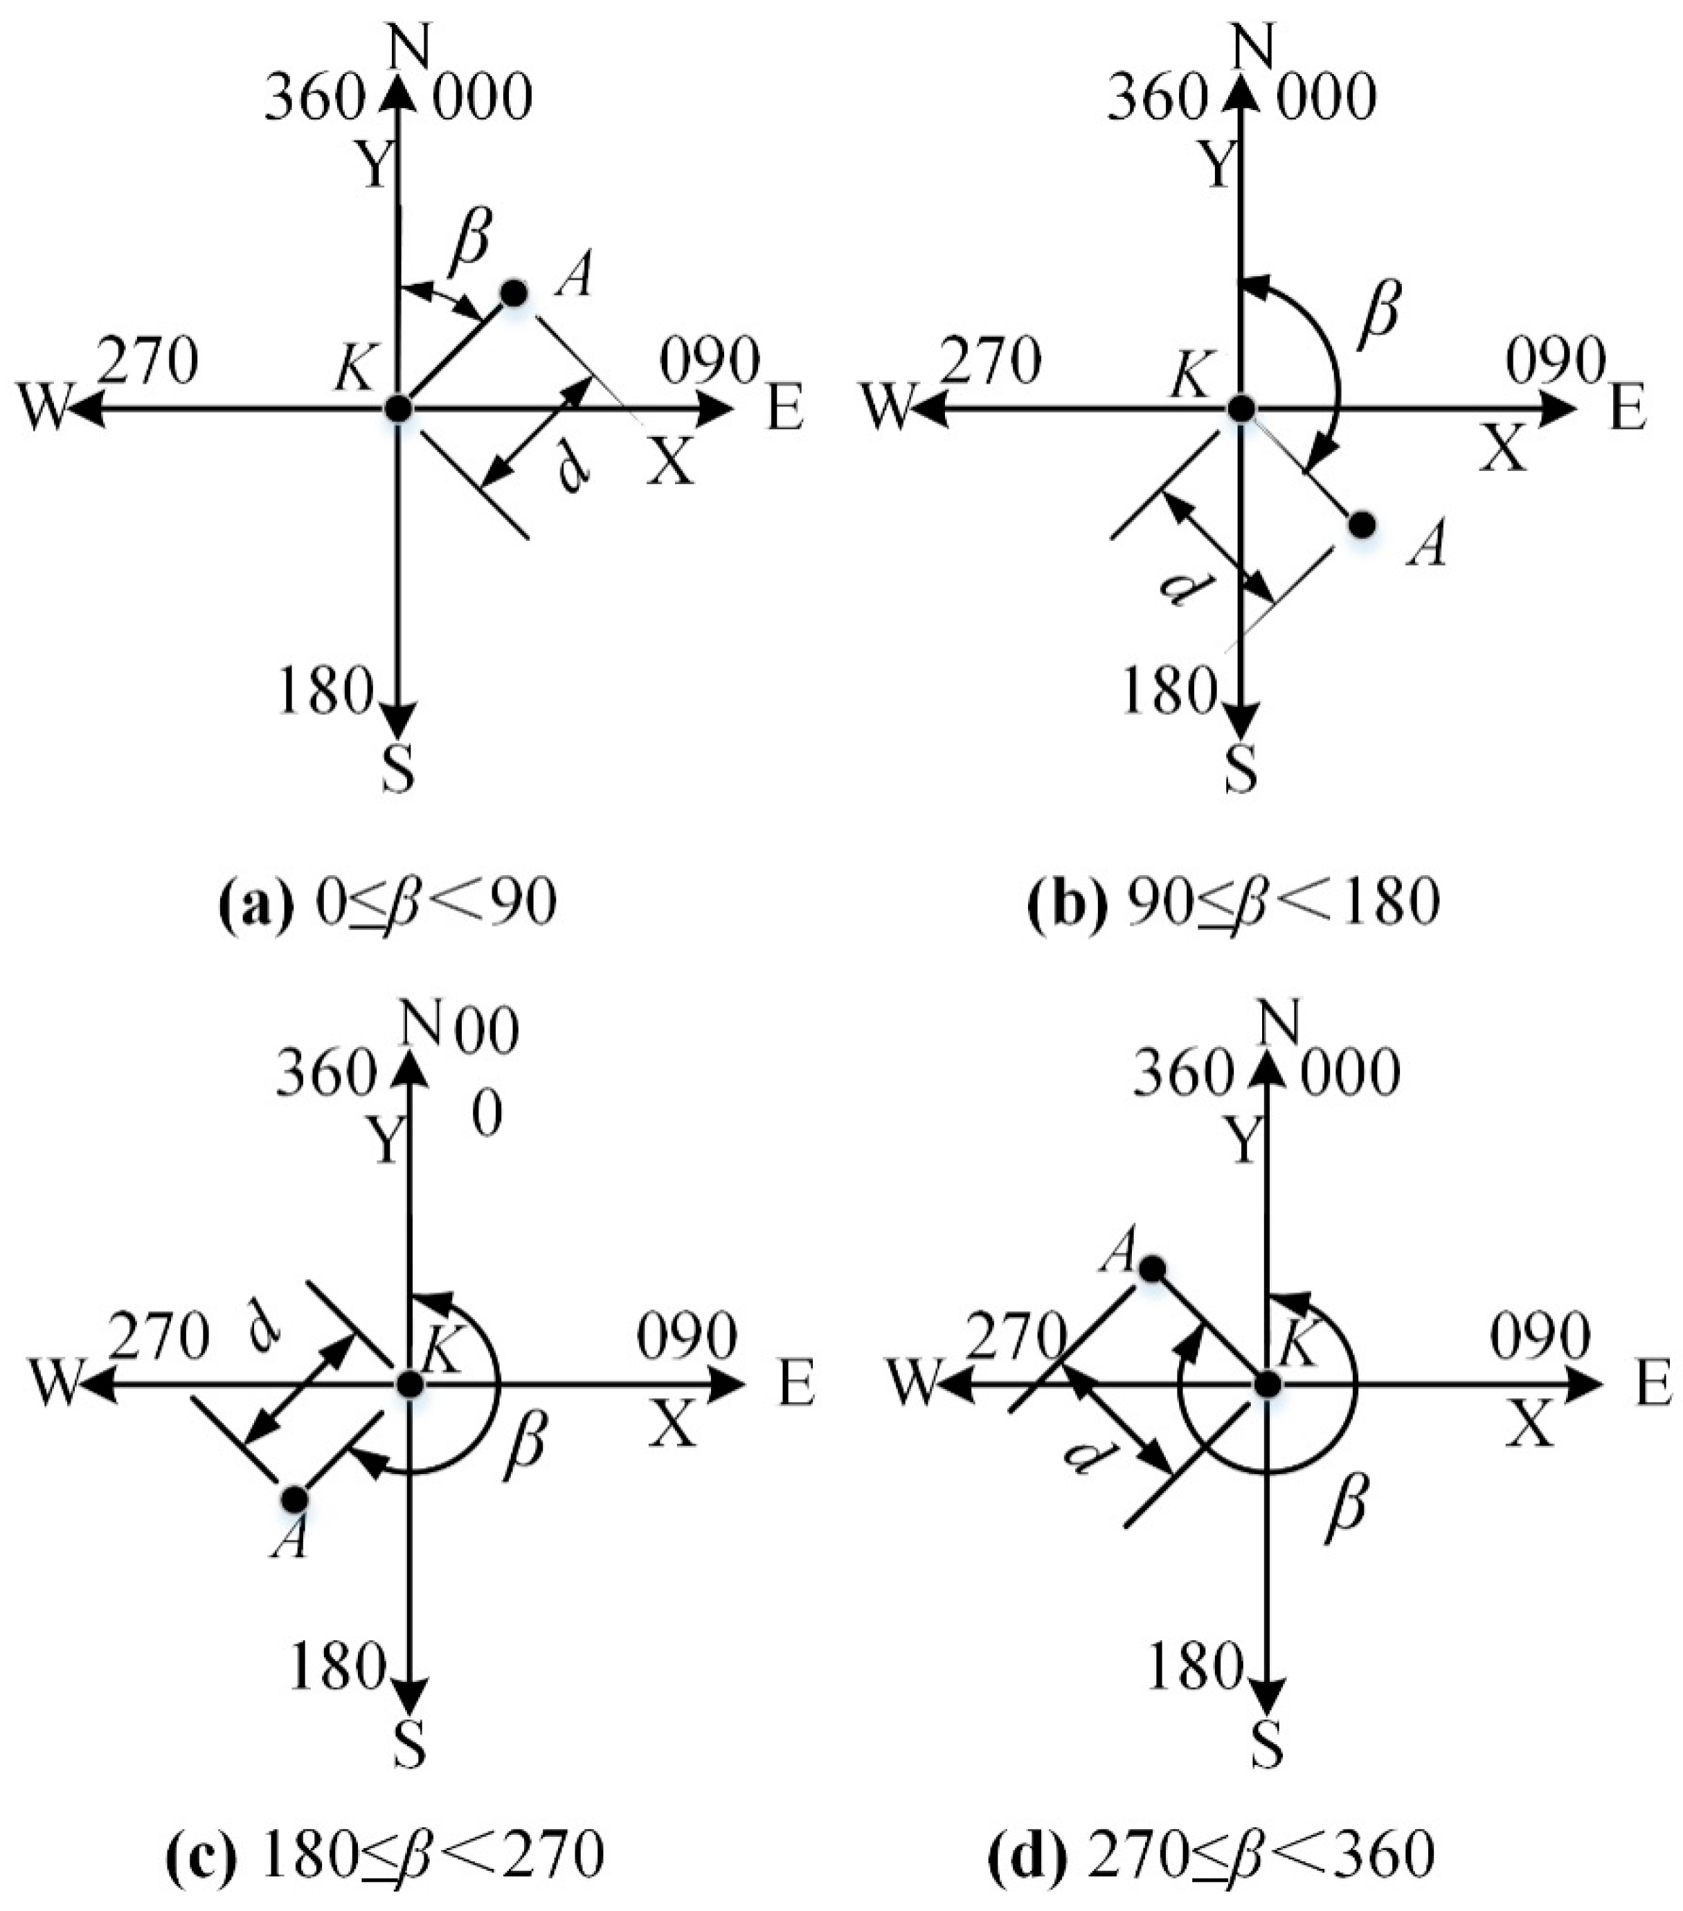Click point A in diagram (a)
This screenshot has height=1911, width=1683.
[x=513, y=294]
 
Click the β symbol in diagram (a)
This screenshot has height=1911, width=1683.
[x=470, y=237]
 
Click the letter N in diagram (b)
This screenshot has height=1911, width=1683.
[x=1253, y=47]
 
